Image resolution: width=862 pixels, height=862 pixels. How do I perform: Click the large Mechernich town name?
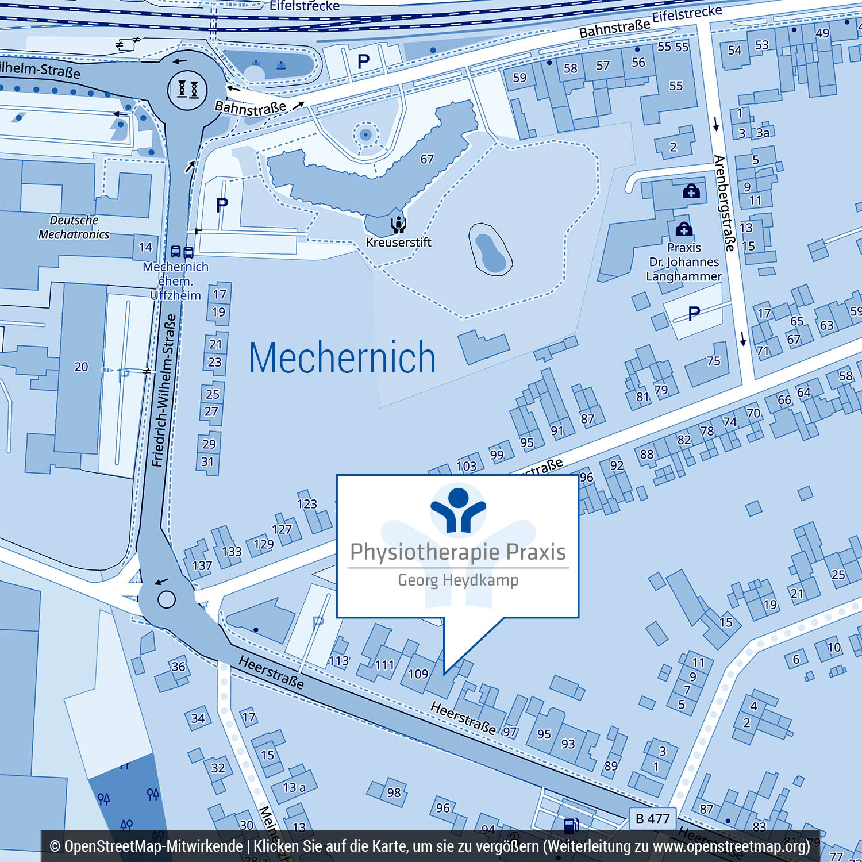342,357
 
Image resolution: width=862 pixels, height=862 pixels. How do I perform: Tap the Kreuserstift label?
398,243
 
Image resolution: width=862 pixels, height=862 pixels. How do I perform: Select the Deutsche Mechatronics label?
74,227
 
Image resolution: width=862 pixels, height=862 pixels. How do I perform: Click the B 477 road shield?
653,818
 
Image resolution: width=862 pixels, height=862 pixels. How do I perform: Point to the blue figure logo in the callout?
458,509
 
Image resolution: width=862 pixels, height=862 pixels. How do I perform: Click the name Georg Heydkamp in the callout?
458,580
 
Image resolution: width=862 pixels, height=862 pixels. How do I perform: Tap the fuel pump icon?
570,825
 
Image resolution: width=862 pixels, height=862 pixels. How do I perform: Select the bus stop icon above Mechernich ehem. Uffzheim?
182,252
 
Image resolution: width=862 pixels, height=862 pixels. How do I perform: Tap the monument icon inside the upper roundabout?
187,89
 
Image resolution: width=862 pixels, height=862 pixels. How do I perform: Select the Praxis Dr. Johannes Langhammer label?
684,262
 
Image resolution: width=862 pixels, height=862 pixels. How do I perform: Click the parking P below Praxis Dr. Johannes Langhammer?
694,313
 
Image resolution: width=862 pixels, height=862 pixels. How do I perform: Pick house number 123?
307,504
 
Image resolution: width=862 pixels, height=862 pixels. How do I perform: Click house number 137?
202,566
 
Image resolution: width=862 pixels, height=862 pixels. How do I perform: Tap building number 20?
81,367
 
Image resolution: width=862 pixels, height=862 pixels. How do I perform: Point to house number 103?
466,466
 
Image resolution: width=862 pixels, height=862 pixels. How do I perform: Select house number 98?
394,793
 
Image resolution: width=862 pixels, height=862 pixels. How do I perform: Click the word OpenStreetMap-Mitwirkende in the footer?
153,846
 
